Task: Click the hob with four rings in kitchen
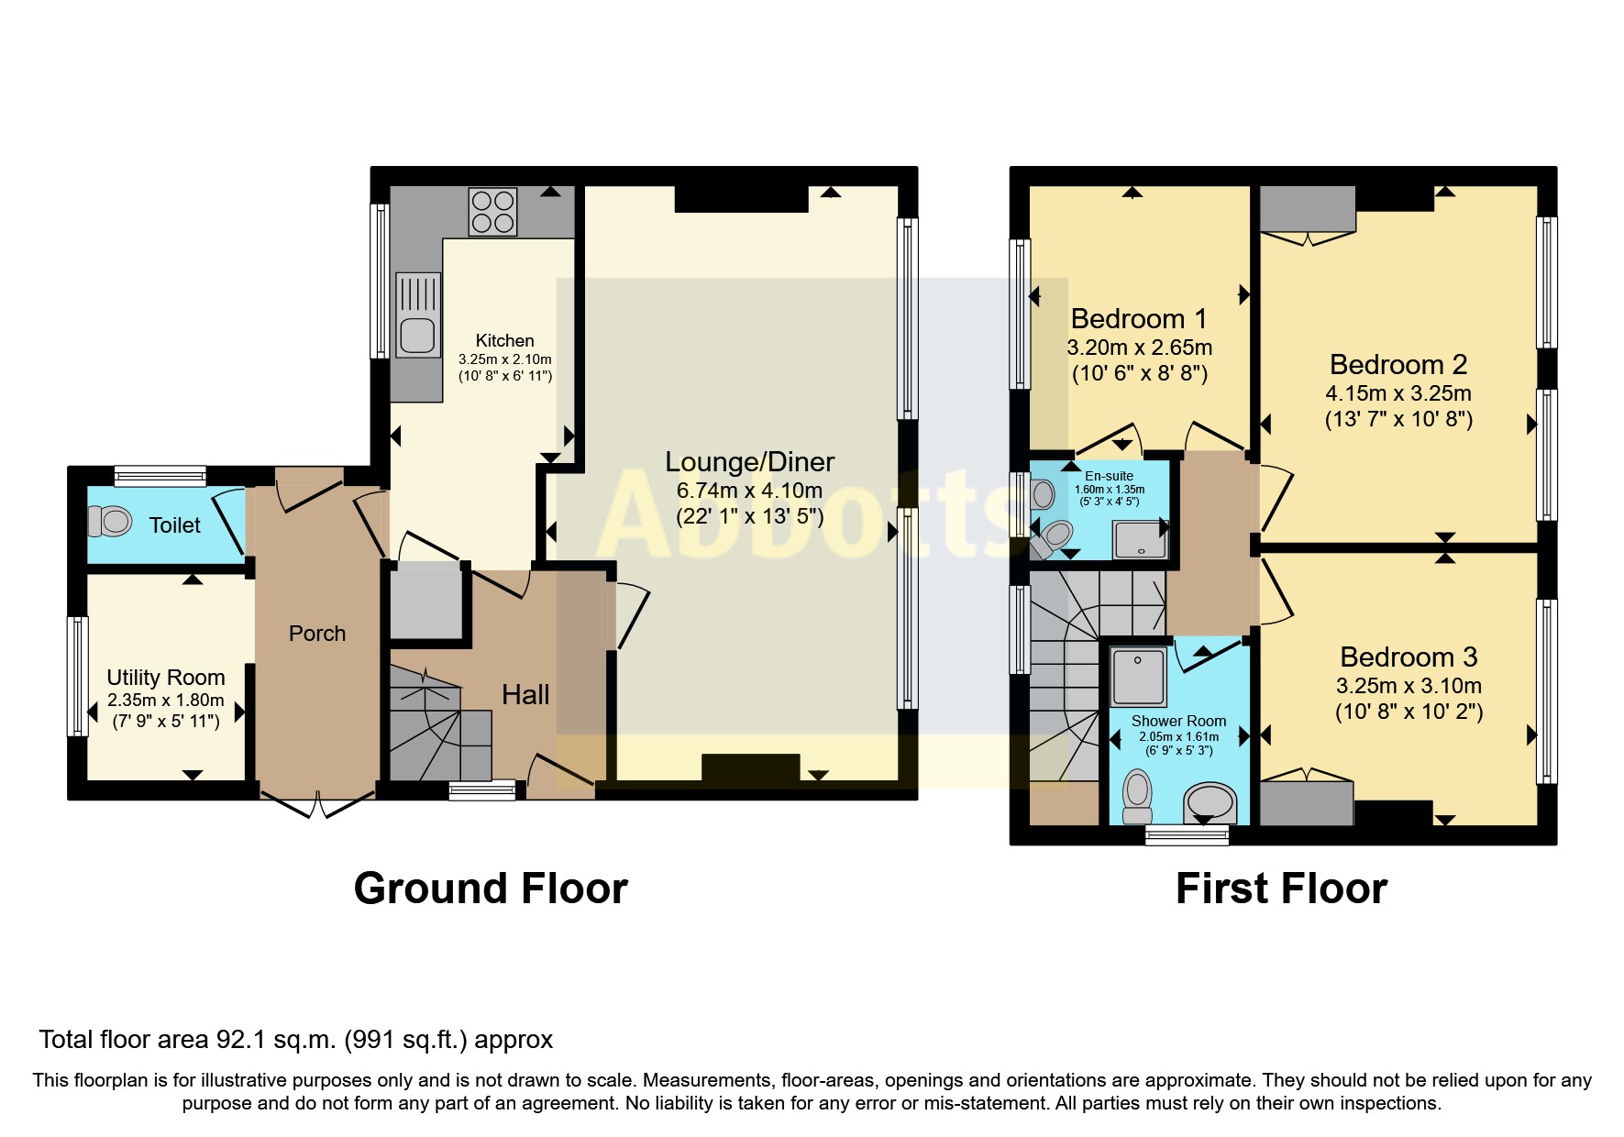pos(492,212)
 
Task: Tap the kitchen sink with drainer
pos(417,315)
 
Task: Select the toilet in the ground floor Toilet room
pos(111,521)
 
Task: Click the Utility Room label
pos(166,678)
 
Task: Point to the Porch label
pos(317,634)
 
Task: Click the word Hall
pos(525,695)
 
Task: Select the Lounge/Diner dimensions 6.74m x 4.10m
pos(749,491)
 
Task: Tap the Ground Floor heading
pos(491,889)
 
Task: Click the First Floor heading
pos(1281,889)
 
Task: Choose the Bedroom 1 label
pos(1139,319)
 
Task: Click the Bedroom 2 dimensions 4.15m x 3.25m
pos(1398,393)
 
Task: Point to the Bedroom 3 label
pos(1409,657)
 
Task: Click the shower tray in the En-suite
pos(1140,539)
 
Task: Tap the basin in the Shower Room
pos(1210,803)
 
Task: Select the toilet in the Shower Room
pos(1138,796)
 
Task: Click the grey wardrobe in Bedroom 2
pos(1308,209)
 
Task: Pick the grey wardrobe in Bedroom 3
pos(1307,803)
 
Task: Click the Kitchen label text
pos(504,341)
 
